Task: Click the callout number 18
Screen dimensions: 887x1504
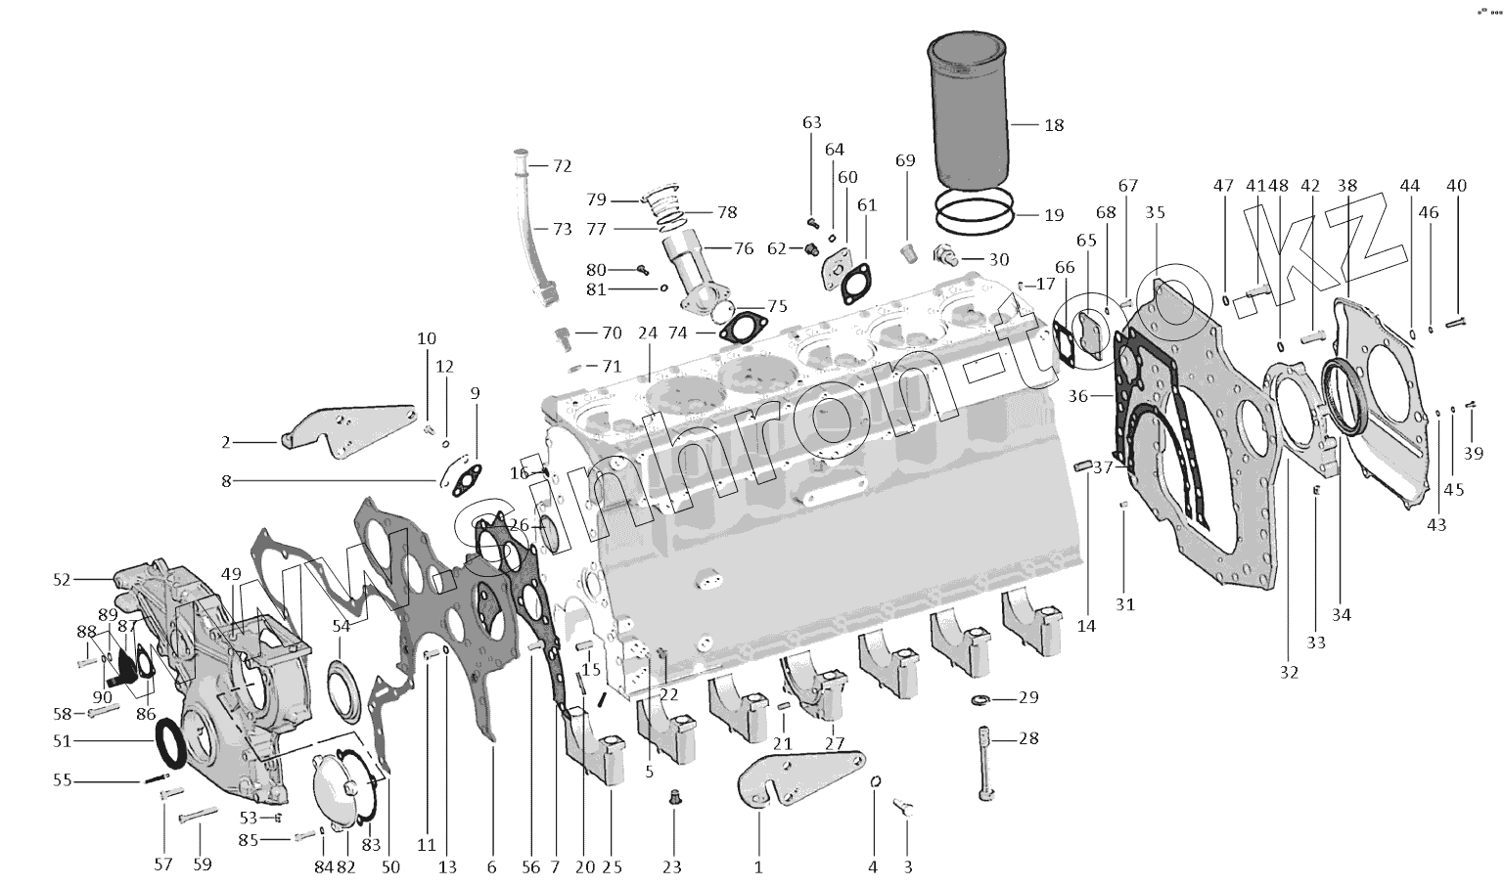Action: pos(1054,125)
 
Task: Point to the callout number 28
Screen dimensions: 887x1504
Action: pos(1027,738)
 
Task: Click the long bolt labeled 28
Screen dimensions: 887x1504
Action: pos(984,763)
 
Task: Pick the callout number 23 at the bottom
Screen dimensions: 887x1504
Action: pos(673,866)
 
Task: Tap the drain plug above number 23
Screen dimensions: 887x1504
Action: pos(673,798)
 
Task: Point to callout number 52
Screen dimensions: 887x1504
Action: pos(62,580)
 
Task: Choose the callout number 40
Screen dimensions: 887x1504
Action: pos(1456,186)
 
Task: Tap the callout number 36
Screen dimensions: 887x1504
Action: pos(1077,396)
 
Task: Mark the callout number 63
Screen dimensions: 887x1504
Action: pos(811,122)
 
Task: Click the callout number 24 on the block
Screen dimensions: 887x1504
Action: pos(647,333)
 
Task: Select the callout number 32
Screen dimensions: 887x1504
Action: pos(1289,672)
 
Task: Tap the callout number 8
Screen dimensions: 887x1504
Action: pos(226,480)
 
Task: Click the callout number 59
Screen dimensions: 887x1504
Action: pos(202,865)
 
